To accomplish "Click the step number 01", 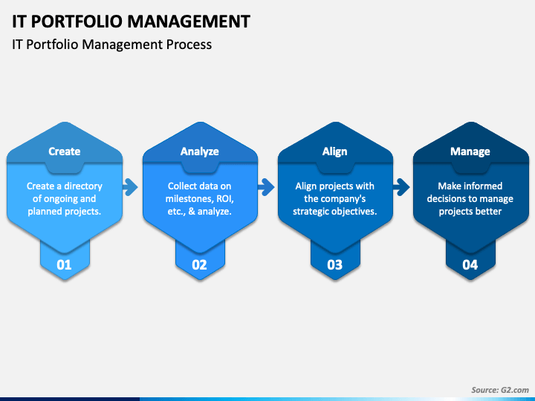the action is coord(64,265).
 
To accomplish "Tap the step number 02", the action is coord(199,265).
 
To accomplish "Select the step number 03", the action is coord(334,265).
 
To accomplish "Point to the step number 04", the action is coord(470,265).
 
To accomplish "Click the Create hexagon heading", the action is coord(65,151).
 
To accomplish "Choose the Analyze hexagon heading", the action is coord(200,151).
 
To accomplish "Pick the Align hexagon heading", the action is coord(334,151).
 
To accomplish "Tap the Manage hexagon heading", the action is coord(470,151).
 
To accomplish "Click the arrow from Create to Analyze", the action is coord(130,187).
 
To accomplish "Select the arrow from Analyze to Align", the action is coord(266,187).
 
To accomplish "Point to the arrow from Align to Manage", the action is coord(401,187).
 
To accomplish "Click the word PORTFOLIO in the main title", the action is coord(77,22).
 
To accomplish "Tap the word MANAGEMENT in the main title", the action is coord(189,22).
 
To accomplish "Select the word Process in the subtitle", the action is coord(189,45).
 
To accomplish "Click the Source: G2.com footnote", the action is coord(500,390).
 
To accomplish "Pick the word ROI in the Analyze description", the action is coord(224,199).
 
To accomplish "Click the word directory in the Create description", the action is coord(83,186).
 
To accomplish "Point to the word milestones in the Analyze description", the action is coord(189,199).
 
